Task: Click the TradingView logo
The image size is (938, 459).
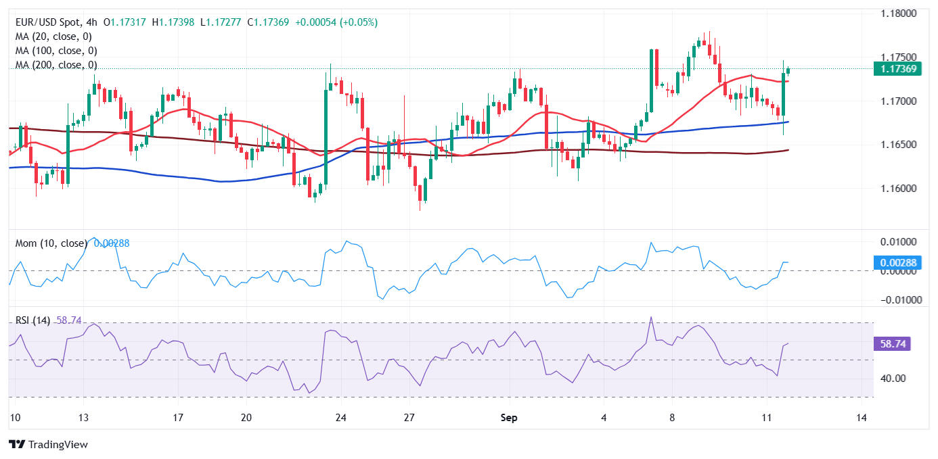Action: coord(48,444)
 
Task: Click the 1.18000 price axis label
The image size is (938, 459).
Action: coord(897,14)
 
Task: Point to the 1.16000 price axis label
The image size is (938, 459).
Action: coord(897,189)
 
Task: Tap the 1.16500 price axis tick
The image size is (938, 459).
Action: coord(897,145)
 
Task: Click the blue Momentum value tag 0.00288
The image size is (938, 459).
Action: coord(897,262)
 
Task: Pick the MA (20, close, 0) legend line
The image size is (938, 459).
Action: coord(53,37)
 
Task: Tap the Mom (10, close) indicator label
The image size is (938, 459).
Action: coord(51,243)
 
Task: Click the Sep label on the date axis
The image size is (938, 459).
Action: coord(509,418)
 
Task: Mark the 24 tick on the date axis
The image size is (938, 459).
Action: coord(341,418)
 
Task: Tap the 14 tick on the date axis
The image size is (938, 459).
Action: coord(862,418)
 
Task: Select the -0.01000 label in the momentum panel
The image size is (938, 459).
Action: coord(895,300)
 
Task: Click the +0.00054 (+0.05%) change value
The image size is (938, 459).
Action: coord(335,22)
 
